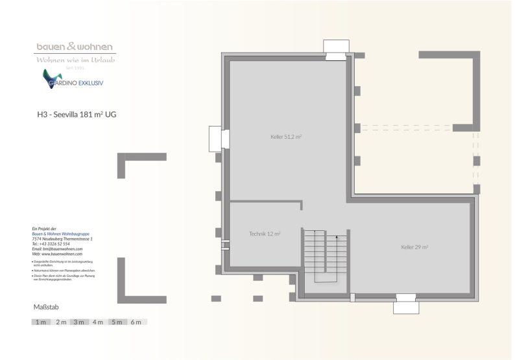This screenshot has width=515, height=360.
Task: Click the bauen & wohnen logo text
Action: point(74,47)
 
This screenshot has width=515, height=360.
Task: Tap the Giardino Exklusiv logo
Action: point(73,81)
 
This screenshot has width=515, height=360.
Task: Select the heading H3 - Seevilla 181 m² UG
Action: point(77,115)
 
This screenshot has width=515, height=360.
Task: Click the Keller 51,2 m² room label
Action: point(286,137)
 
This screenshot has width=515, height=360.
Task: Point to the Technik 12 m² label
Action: point(265,234)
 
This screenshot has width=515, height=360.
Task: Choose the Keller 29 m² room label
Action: point(414,247)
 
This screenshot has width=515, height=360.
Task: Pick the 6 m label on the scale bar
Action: point(136,322)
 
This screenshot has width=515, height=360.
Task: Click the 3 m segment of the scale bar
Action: point(79,322)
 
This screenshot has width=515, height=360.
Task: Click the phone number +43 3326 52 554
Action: point(53,244)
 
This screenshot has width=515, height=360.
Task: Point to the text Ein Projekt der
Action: point(45,229)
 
